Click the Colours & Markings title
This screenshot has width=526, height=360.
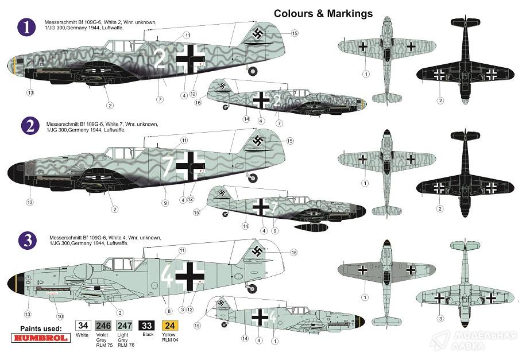[x=323, y=13]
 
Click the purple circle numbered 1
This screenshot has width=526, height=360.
[x=26, y=27]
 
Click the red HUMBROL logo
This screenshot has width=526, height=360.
[x=40, y=338]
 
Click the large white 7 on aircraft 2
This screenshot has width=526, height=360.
[x=168, y=166]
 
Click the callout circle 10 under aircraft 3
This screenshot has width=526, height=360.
[x=60, y=315]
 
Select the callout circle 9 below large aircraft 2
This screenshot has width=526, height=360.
[x=165, y=203]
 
